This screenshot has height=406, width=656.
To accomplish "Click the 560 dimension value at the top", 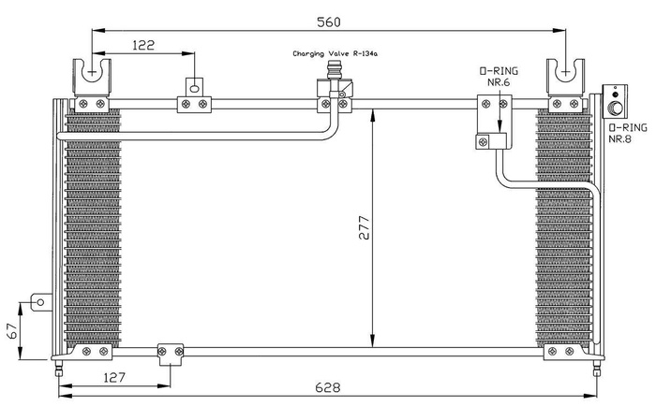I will (x=327, y=21).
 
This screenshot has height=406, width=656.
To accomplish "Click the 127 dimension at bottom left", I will (x=114, y=378).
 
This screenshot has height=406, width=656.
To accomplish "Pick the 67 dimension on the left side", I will (x=10, y=330).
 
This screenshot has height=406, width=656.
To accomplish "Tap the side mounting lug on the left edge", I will (x=39, y=302).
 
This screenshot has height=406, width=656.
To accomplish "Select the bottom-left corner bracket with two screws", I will (x=92, y=352).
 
